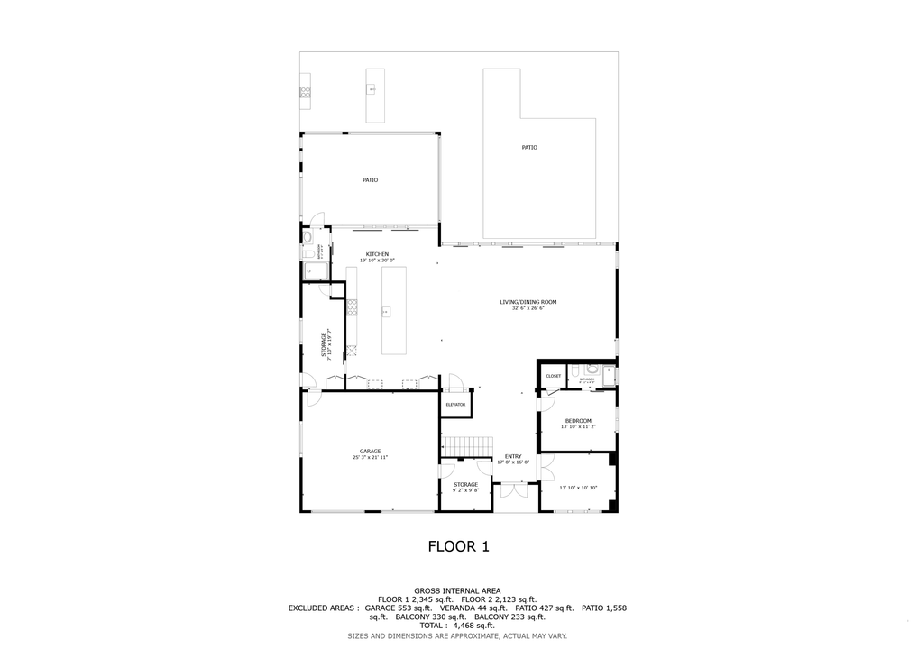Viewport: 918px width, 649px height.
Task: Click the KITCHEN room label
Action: coord(377,254)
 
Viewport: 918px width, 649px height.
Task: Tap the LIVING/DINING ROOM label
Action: coord(528,302)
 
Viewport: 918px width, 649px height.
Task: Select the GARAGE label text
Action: coord(370,451)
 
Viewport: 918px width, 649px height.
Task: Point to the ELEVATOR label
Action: coord(455,405)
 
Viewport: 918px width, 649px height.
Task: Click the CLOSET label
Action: coord(553,376)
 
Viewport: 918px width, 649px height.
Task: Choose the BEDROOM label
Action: coord(578,421)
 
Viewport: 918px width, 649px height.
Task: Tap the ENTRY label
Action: coord(513,456)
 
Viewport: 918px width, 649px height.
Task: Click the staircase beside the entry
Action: coord(467,445)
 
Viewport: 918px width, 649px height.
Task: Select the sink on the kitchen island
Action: coord(386,312)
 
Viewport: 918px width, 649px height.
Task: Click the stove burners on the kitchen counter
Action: coord(353,307)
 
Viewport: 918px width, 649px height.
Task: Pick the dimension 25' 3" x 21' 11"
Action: coord(370,458)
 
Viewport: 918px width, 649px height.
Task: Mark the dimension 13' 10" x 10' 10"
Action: coord(577,489)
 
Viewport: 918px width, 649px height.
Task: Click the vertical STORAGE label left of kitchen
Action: coord(324,343)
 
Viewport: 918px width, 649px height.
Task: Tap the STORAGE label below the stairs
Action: coord(465,484)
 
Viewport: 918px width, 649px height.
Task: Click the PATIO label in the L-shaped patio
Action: coord(529,147)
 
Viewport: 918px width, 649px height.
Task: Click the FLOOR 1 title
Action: coord(458,545)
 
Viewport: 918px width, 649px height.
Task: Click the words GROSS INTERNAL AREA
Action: coord(457,590)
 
